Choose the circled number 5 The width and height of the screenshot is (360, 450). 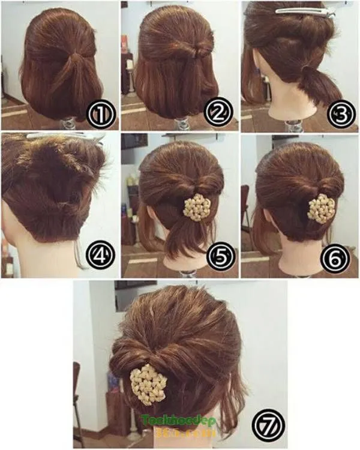tap(220, 256)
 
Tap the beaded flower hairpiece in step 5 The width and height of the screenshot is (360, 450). tap(196, 208)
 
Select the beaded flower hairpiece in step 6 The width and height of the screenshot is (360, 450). tap(321, 208)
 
